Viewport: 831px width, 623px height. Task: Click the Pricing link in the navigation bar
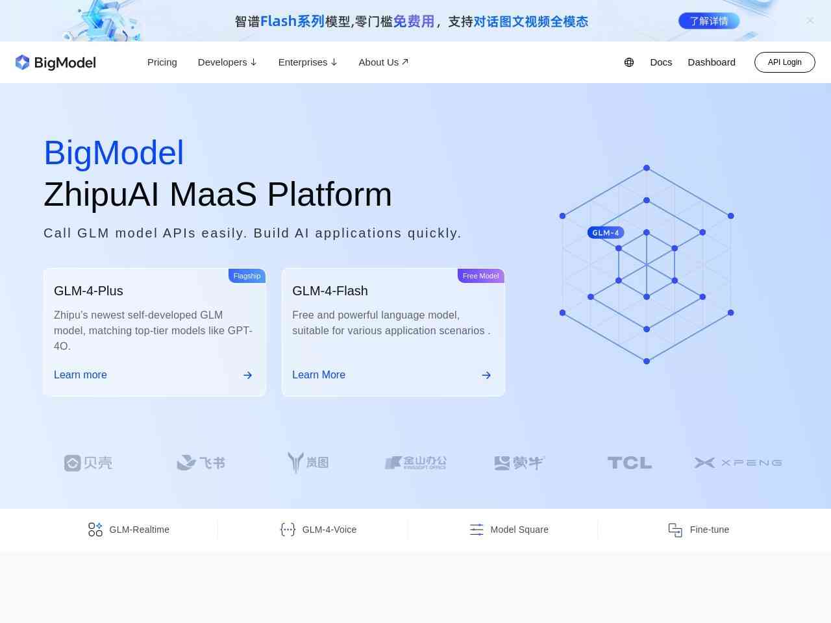tap(162, 62)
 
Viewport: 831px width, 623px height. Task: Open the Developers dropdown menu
tap(227, 62)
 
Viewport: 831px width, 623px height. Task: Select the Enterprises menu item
tap(308, 62)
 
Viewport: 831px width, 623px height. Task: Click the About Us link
tap(383, 62)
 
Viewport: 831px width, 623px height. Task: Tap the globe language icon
tap(629, 62)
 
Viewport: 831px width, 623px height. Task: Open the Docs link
tap(661, 62)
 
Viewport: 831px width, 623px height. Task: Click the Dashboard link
tap(712, 62)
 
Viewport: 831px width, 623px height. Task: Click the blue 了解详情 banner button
tap(709, 21)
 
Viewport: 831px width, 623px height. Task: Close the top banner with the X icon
tap(810, 20)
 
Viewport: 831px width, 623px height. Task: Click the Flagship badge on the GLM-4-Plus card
tap(247, 276)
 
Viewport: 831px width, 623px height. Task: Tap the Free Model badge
tap(481, 276)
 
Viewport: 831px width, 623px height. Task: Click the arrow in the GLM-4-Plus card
tap(247, 375)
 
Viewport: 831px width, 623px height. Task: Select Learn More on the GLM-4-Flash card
tap(319, 374)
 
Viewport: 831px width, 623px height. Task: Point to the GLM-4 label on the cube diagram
tap(605, 232)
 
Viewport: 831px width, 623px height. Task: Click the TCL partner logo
tap(630, 463)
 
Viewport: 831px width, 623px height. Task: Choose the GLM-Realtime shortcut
tap(129, 530)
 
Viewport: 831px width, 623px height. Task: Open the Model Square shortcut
tap(509, 530)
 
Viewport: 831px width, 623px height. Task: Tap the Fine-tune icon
tap(675, 530)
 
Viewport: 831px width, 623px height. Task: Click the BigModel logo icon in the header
tap(22, 62)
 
